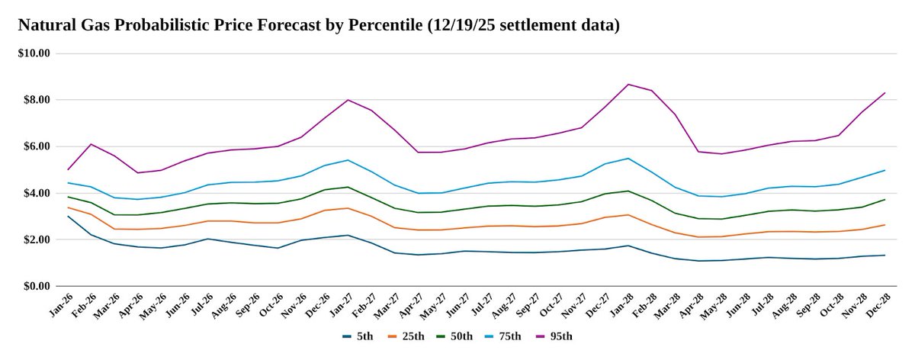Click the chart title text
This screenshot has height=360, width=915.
point(318,25)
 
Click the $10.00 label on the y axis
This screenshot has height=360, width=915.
point(34,53)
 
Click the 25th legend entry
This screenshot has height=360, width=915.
point(407,336)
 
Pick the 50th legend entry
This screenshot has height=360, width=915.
point(460,336)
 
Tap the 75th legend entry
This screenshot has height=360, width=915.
point(512,336)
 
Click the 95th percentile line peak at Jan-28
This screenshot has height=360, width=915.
point(628,84)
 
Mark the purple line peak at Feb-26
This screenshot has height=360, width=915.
point(91,144)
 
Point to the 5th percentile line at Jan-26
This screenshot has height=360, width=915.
point(69,216)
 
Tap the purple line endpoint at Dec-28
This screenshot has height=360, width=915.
point(884,93)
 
